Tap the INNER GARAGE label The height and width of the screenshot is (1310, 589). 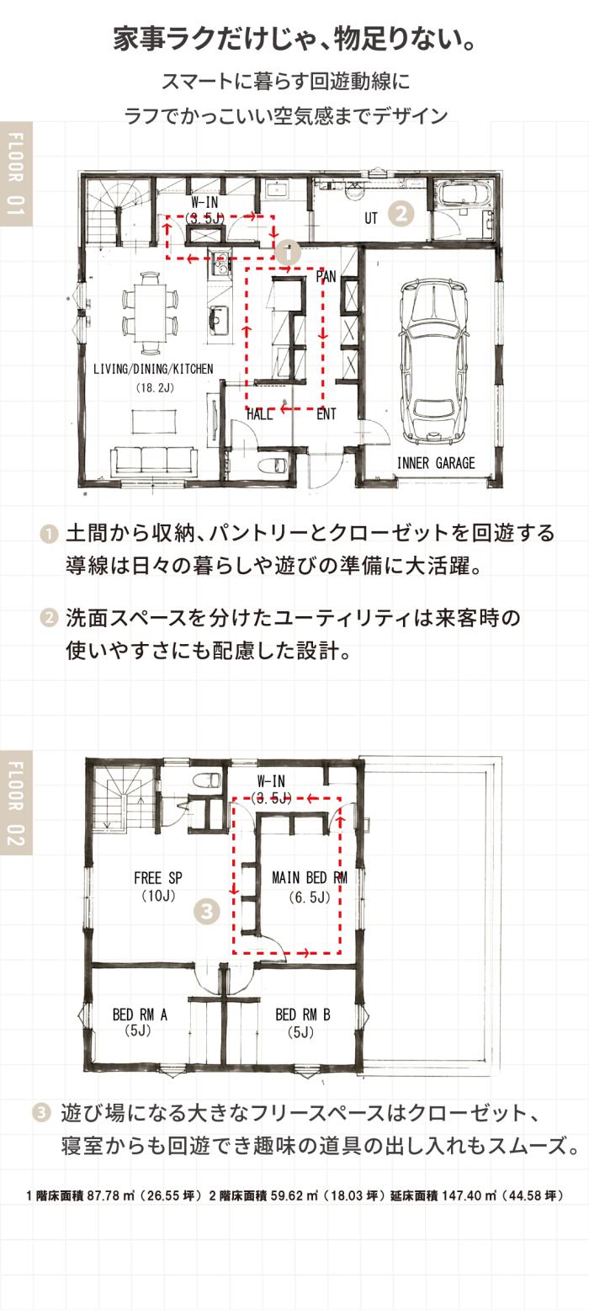click(x=436, y=463)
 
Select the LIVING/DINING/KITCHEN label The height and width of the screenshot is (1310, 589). click(x=153, y=369)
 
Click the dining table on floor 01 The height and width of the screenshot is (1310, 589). click(x=150, y=312)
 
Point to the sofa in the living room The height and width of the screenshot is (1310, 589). click(x=154, y=460)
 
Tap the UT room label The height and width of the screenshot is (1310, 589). click(x=371, y=219)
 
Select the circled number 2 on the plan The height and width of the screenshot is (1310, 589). click(x=401, y=214)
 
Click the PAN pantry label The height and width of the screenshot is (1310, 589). click(x=326, y=276)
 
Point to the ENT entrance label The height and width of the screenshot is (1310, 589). click(x=326, y=414)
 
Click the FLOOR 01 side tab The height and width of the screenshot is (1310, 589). click(x=16, y=173)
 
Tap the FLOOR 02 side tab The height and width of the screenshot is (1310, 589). click(x=16, y=803)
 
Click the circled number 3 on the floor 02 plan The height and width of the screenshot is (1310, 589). click(x=206, y=911)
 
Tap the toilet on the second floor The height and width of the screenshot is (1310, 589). click(x=207, y=780)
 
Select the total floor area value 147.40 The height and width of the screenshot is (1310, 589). click(x=463, y=1196)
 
